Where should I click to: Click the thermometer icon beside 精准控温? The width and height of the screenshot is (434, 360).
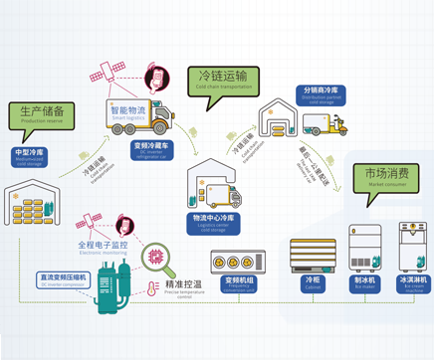pyautogui.click(x=149, y=288)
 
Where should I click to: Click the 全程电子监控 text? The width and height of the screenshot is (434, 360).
pyautogui.click(x=103, y=245)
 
